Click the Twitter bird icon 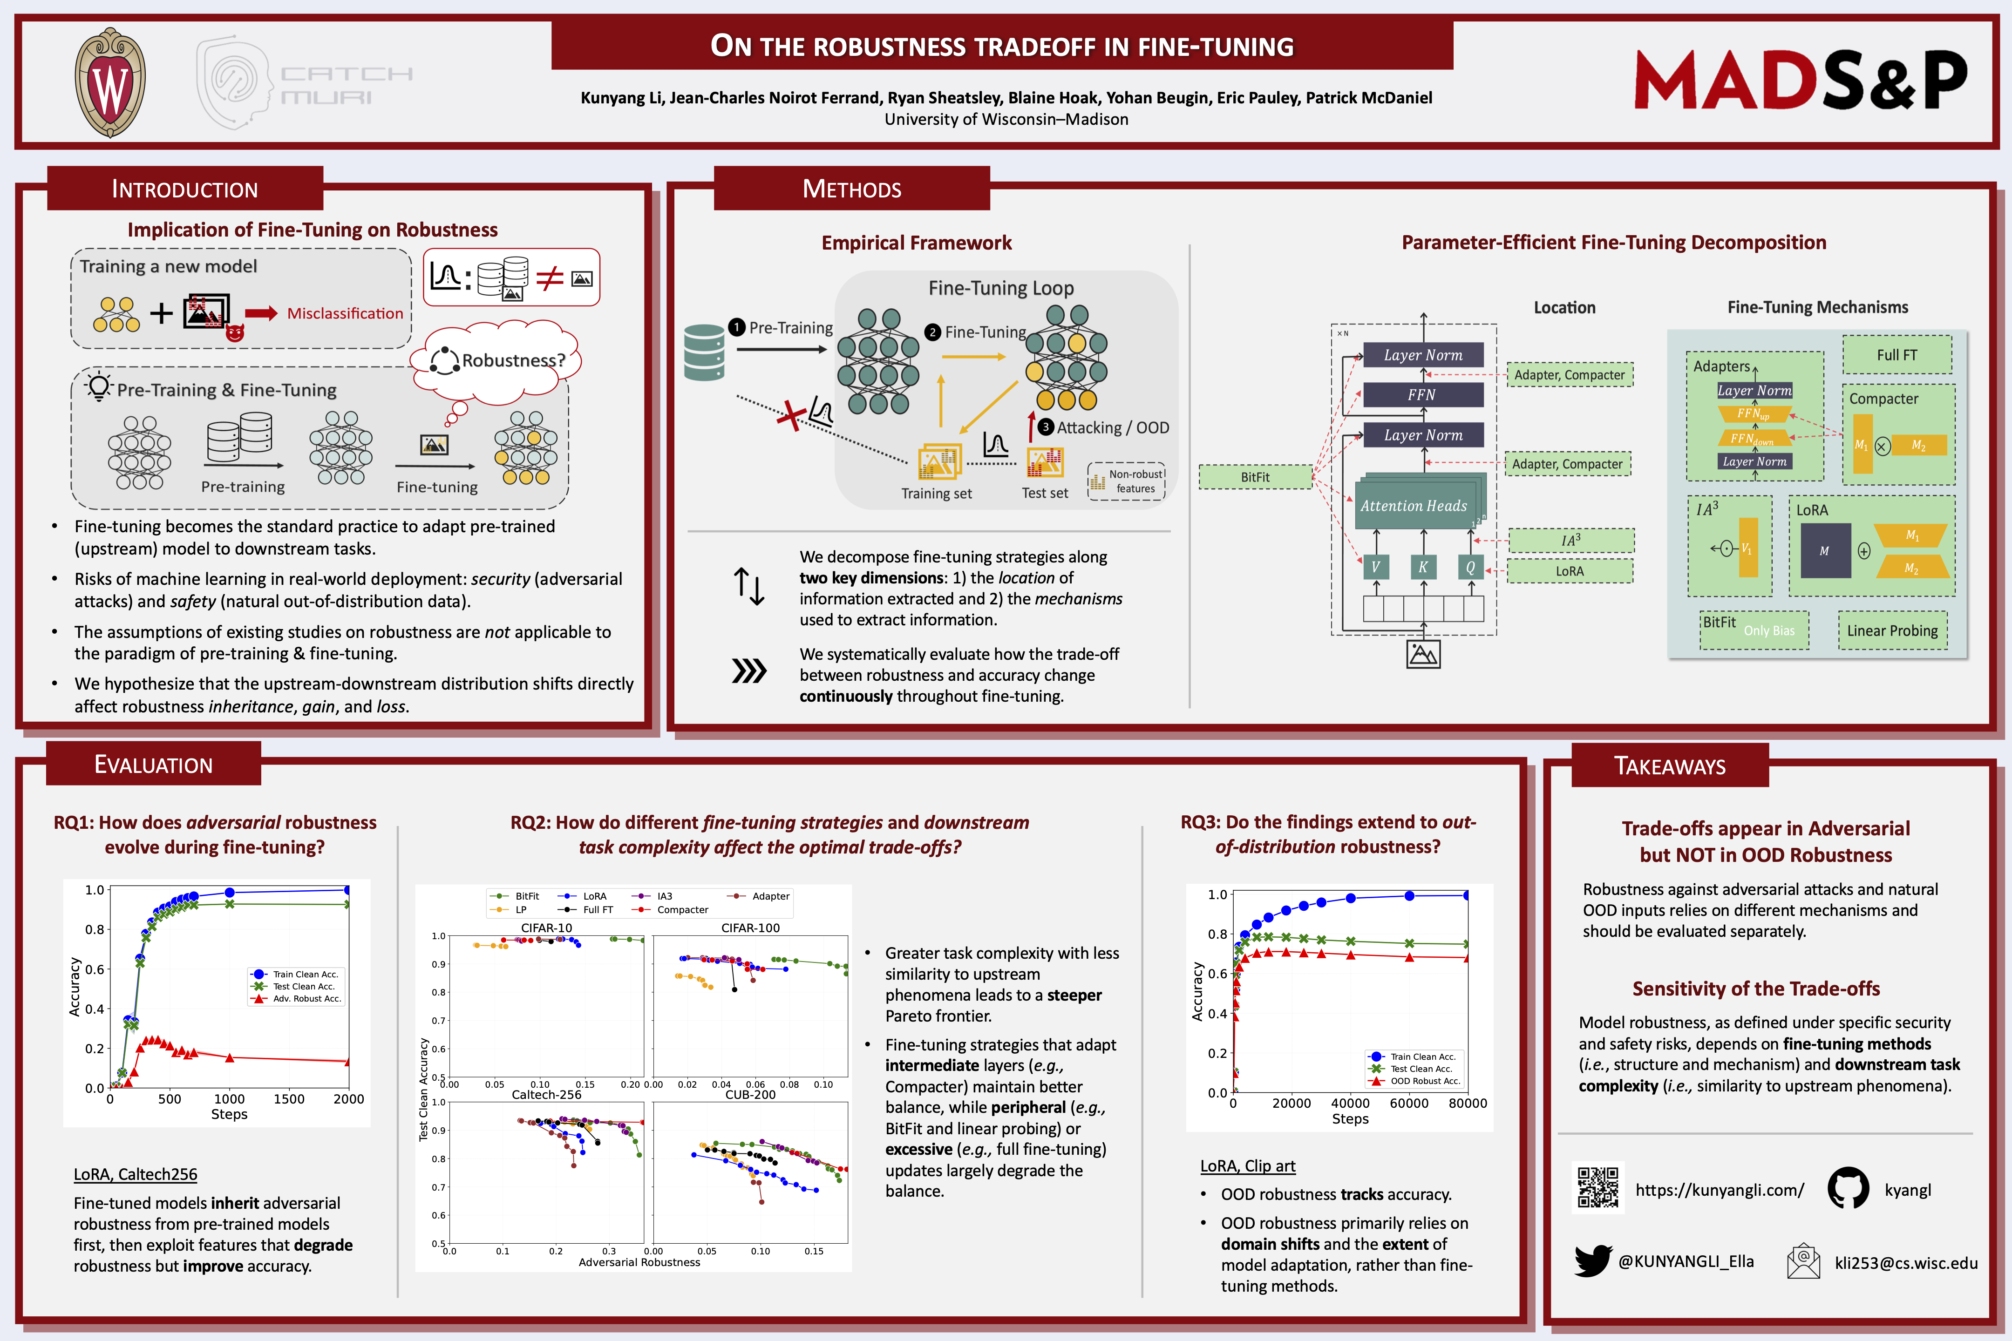click(x=1593, y=1260)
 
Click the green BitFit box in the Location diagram click(x=1255, y=477)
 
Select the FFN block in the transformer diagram click(x=1422, y=394)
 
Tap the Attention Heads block click(x=1414, y=506)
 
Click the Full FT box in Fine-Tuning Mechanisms click(x=1896, y=355)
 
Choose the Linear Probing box click(x=1892, y=630)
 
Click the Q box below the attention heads click(x=1470, y=567)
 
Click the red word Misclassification click(x=345, y=314)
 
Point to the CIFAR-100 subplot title click(x=750, y=928)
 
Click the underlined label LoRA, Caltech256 click(x=135, y=1174)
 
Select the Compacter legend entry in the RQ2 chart click(x=682, y=910)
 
